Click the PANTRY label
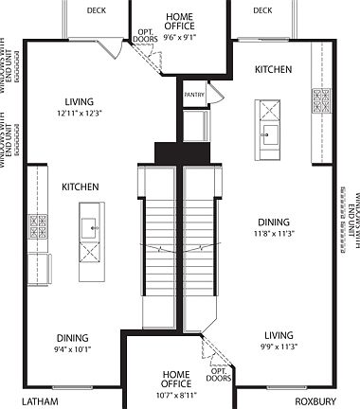pos(194,95)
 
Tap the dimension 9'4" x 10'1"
pos(72,348)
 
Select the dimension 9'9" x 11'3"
pos(279,347)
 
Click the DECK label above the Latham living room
pos(97,11)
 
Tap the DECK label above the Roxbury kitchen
pos(262,11)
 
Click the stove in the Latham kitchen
pos(40,227)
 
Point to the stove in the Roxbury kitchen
pos(321,98)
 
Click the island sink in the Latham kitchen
pos(90,227)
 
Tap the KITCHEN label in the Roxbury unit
pos(273,70)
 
